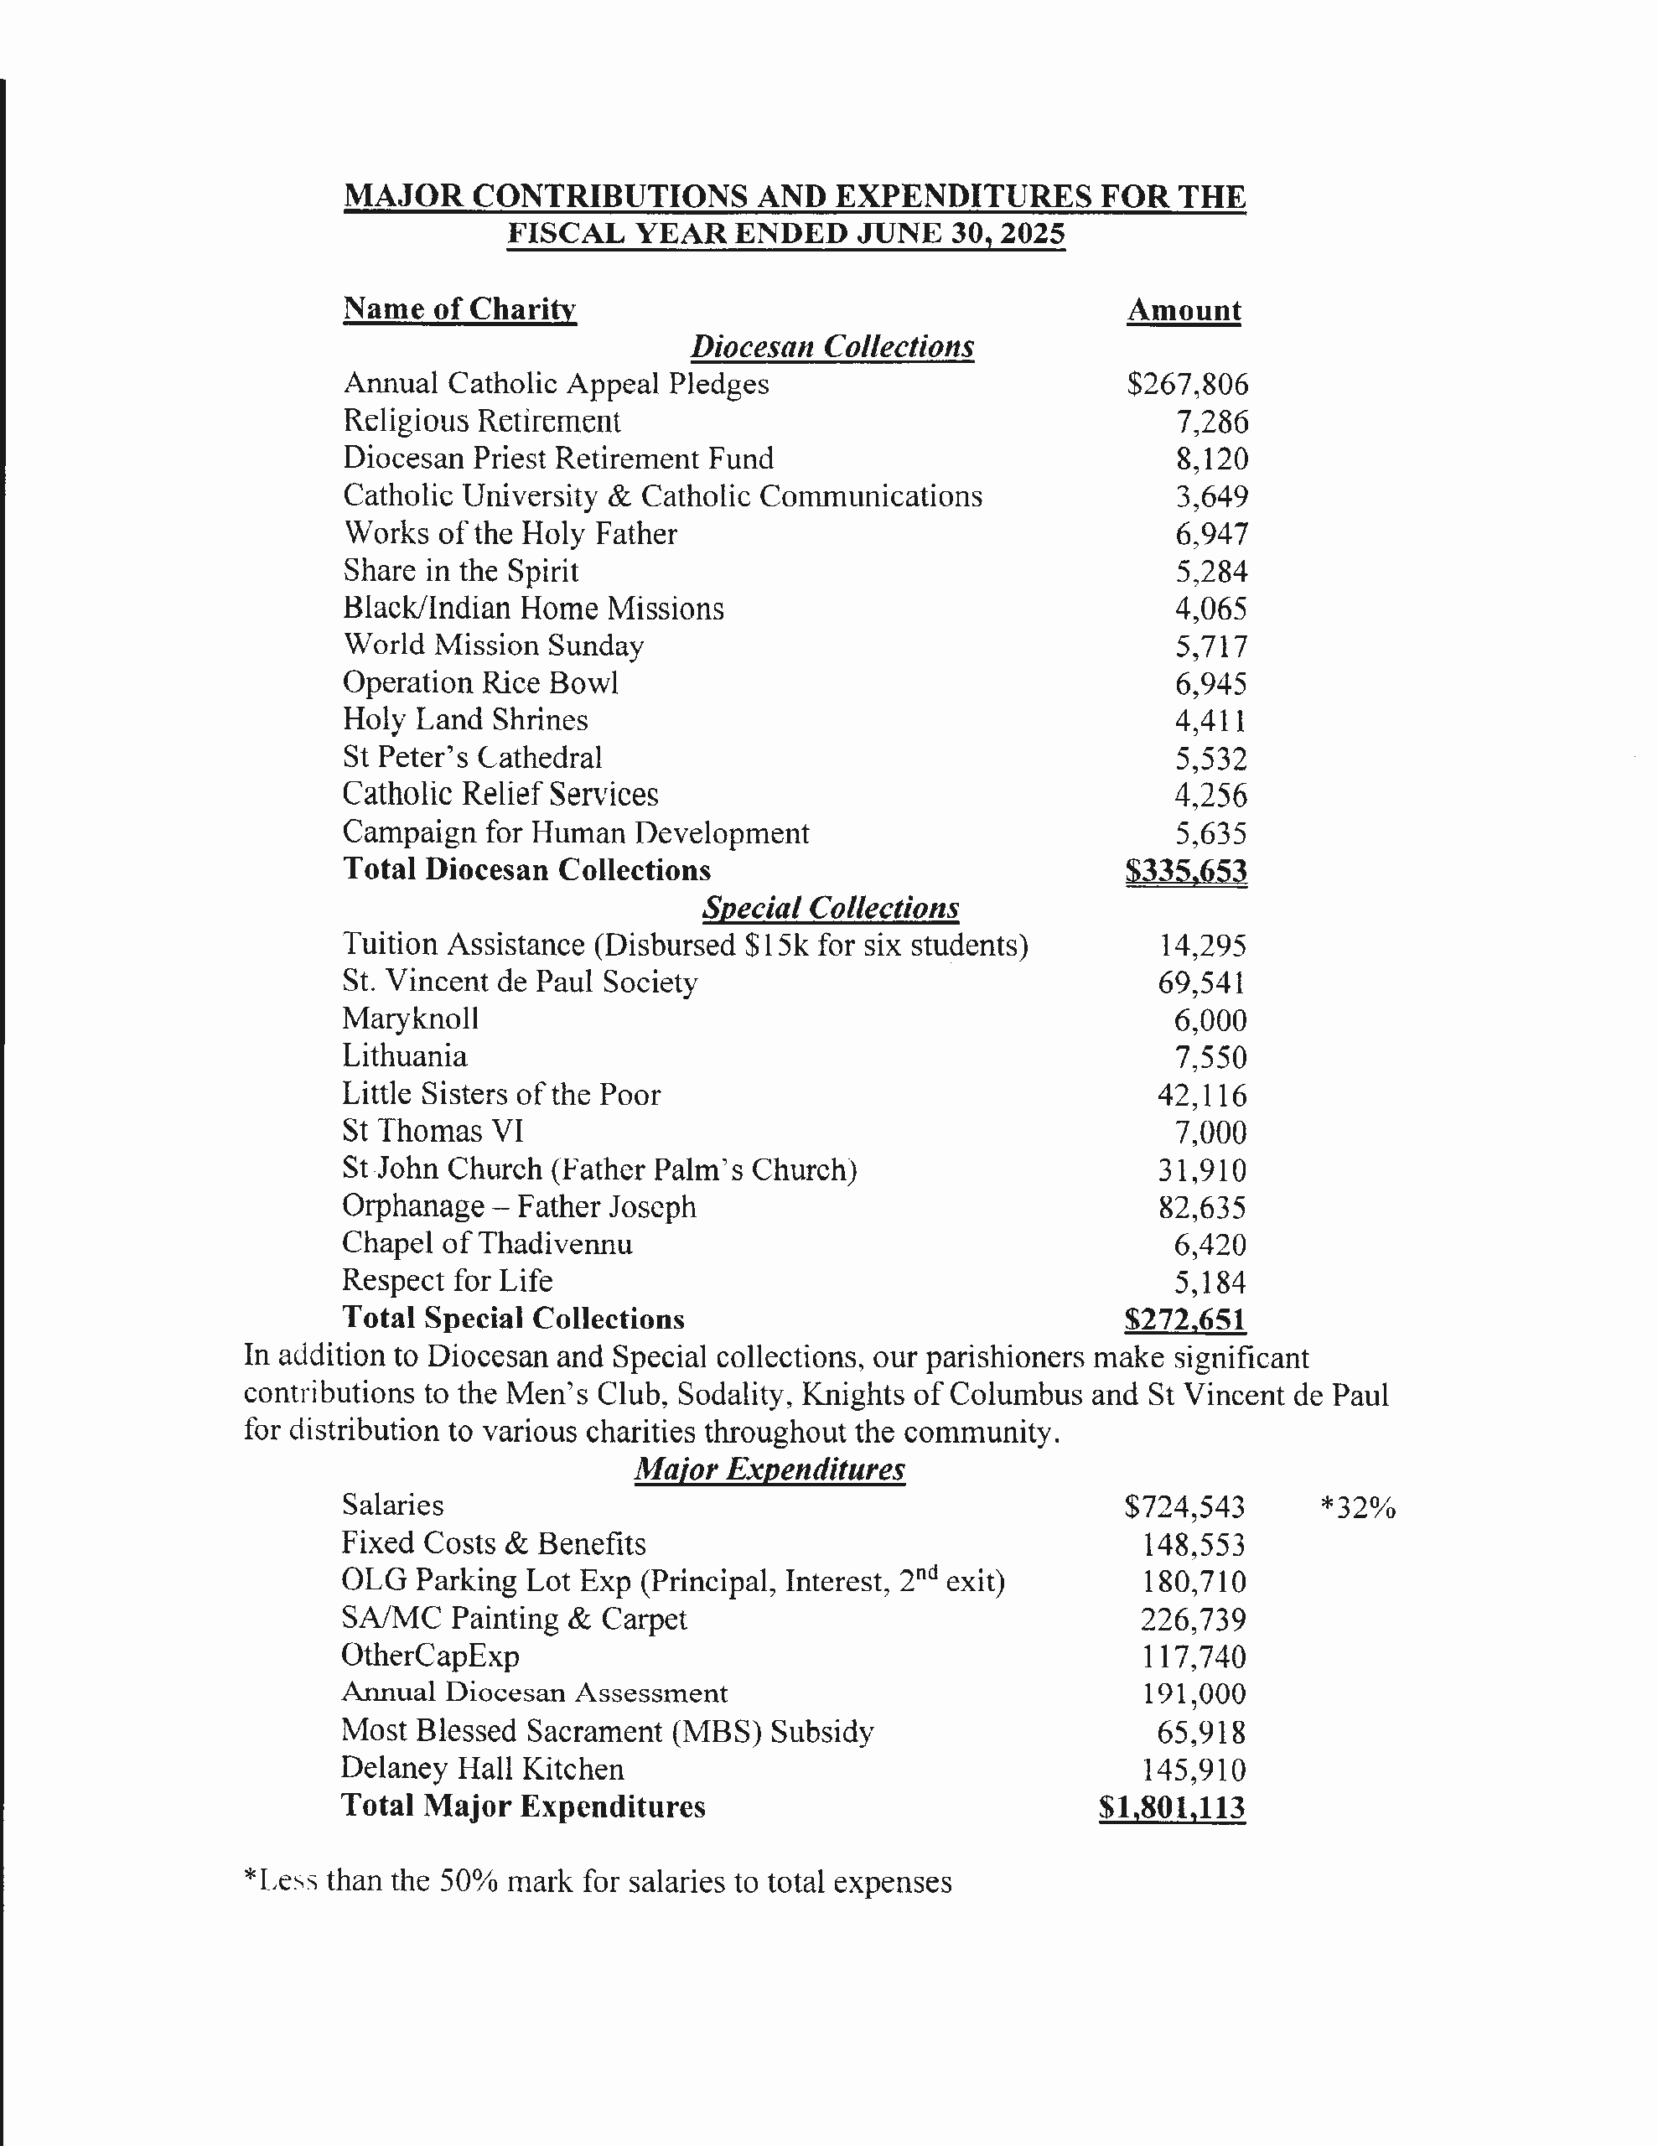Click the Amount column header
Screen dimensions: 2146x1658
1184,310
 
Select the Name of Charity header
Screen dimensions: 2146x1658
459,308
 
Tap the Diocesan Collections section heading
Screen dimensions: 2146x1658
832,347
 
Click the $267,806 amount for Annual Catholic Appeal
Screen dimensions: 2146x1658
1186,384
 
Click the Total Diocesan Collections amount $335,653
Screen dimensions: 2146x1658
1185,871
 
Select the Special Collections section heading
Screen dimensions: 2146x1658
831,908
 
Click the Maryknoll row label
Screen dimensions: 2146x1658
410,1019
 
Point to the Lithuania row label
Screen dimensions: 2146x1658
404,1056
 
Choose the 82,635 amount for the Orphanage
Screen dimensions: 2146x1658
1201,1208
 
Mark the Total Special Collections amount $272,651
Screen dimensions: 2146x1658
1184,1319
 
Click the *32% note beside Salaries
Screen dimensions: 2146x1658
1357,1507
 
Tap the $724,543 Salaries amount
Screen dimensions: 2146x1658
1184,1507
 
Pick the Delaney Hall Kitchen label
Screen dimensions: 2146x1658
482,1769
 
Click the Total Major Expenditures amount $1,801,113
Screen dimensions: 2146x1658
1172,1808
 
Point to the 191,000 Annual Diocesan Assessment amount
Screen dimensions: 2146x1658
1193,1694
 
